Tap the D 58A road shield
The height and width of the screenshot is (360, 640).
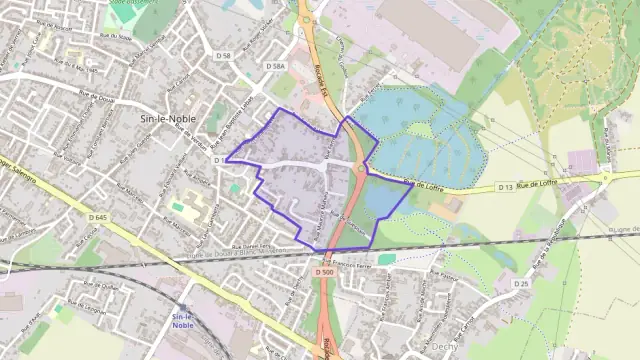pos(276,66)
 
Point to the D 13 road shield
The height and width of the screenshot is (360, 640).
pos(505,187)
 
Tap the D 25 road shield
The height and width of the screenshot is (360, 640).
pos(521,284)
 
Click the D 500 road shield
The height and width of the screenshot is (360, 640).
pos(322,272)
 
